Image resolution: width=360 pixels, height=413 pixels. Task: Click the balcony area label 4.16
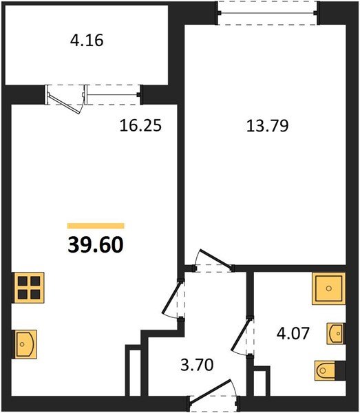coord(87,41)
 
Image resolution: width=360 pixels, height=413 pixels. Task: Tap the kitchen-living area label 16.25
coord(140,125)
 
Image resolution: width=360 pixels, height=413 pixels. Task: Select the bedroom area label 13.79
coord(267,126)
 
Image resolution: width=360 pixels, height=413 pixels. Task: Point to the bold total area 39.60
coord(95,244)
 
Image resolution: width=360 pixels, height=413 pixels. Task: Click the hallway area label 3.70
coord(197,365)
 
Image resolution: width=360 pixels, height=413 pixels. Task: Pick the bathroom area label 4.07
coord(293,333)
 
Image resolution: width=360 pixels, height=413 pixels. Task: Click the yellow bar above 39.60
coord(96,226)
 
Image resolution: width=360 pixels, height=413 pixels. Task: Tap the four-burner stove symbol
coord(28,288)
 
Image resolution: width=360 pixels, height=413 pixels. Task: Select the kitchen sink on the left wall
coord(25,344)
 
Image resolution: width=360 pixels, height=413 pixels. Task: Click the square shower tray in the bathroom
coord(328,288)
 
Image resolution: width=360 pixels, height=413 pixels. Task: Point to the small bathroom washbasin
coord(336,334)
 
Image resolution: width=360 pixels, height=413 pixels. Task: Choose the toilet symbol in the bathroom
coord(325,370)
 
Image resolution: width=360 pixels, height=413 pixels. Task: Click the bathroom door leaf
coord(240,335)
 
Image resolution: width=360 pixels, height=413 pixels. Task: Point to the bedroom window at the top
coord(267,12)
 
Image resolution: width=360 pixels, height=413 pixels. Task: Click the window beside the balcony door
coord(114,94)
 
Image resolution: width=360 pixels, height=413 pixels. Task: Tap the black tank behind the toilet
coord(340,370)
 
